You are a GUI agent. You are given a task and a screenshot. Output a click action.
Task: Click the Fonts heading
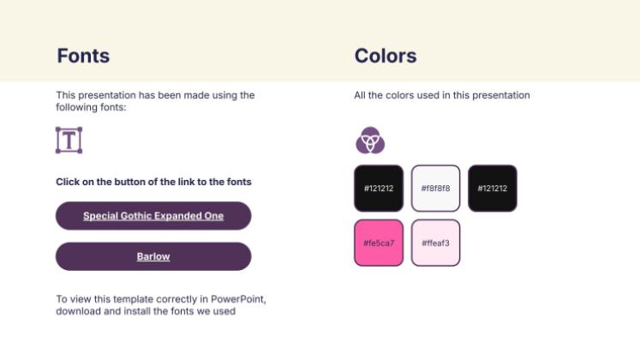tap(83, 56)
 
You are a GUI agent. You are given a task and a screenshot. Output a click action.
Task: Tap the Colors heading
tap(386, 56)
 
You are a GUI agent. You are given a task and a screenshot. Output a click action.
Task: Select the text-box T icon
tap(69, 140)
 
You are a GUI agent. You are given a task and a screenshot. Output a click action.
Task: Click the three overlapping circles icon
tap(370, 141)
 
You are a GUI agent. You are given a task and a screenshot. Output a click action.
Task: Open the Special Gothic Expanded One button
tap(153, 215)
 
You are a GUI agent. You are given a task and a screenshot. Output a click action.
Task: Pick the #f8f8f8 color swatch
tap(435, 189)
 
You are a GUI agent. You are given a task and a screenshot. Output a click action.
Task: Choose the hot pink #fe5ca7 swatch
tap(379, 243)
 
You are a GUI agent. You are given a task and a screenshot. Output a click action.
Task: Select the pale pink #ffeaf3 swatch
tap(435, 243)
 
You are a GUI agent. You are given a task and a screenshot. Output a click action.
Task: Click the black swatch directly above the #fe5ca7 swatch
tap(379, 189)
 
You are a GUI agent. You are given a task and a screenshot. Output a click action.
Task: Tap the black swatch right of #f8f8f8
tap(493, 189)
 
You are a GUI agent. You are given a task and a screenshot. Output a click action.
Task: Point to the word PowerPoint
tap(238, 299)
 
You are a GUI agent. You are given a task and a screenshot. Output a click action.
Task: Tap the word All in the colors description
tap(360, 95)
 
